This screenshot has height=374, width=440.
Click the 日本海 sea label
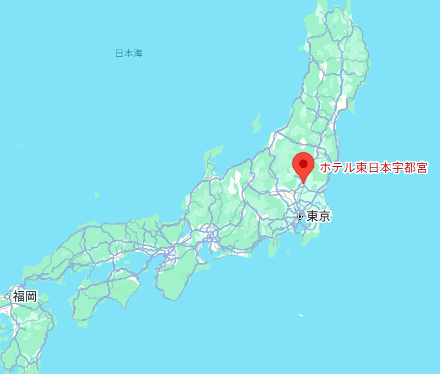(129, 54)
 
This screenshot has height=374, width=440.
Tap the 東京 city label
(318, 216)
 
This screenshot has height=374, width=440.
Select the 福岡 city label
(25, 297)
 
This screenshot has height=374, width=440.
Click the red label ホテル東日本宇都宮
(374, 168)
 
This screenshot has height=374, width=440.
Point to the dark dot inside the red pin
(303, 164)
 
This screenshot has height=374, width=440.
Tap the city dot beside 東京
(300, 216)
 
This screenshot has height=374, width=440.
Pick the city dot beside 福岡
(7, 297)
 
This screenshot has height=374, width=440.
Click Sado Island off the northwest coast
(257, 124)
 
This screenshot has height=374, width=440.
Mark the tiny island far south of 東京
(300, 315)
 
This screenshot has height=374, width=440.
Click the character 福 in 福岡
(19, 297)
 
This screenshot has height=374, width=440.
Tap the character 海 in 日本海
(138, 54)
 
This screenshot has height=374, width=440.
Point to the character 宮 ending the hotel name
(422, 168)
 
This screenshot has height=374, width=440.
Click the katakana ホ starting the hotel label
(325, 168)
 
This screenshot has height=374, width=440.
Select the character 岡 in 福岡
(32, 297)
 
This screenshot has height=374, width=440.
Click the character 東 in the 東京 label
(313, 216)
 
